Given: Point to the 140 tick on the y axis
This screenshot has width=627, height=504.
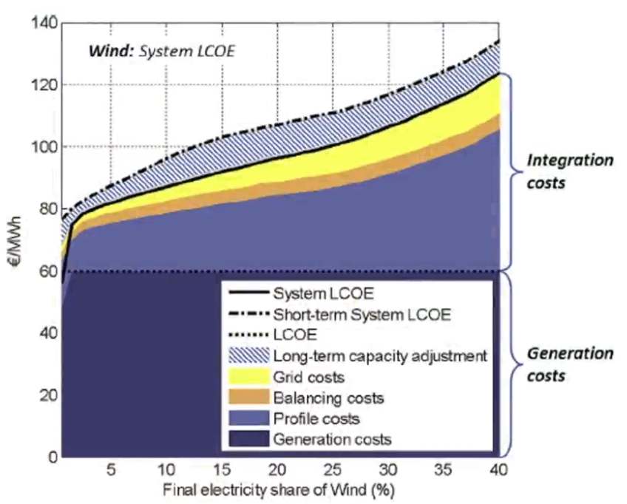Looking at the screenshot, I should [x=44, y=22].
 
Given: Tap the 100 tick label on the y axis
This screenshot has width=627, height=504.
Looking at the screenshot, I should [x=44, y=146].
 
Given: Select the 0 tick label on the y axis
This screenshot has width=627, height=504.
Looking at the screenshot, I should [x=50, y=457].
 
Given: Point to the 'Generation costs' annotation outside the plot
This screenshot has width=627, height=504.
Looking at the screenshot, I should [x=569, y=364].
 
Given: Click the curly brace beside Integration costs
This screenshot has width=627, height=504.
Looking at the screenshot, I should [x=518, y=171].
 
